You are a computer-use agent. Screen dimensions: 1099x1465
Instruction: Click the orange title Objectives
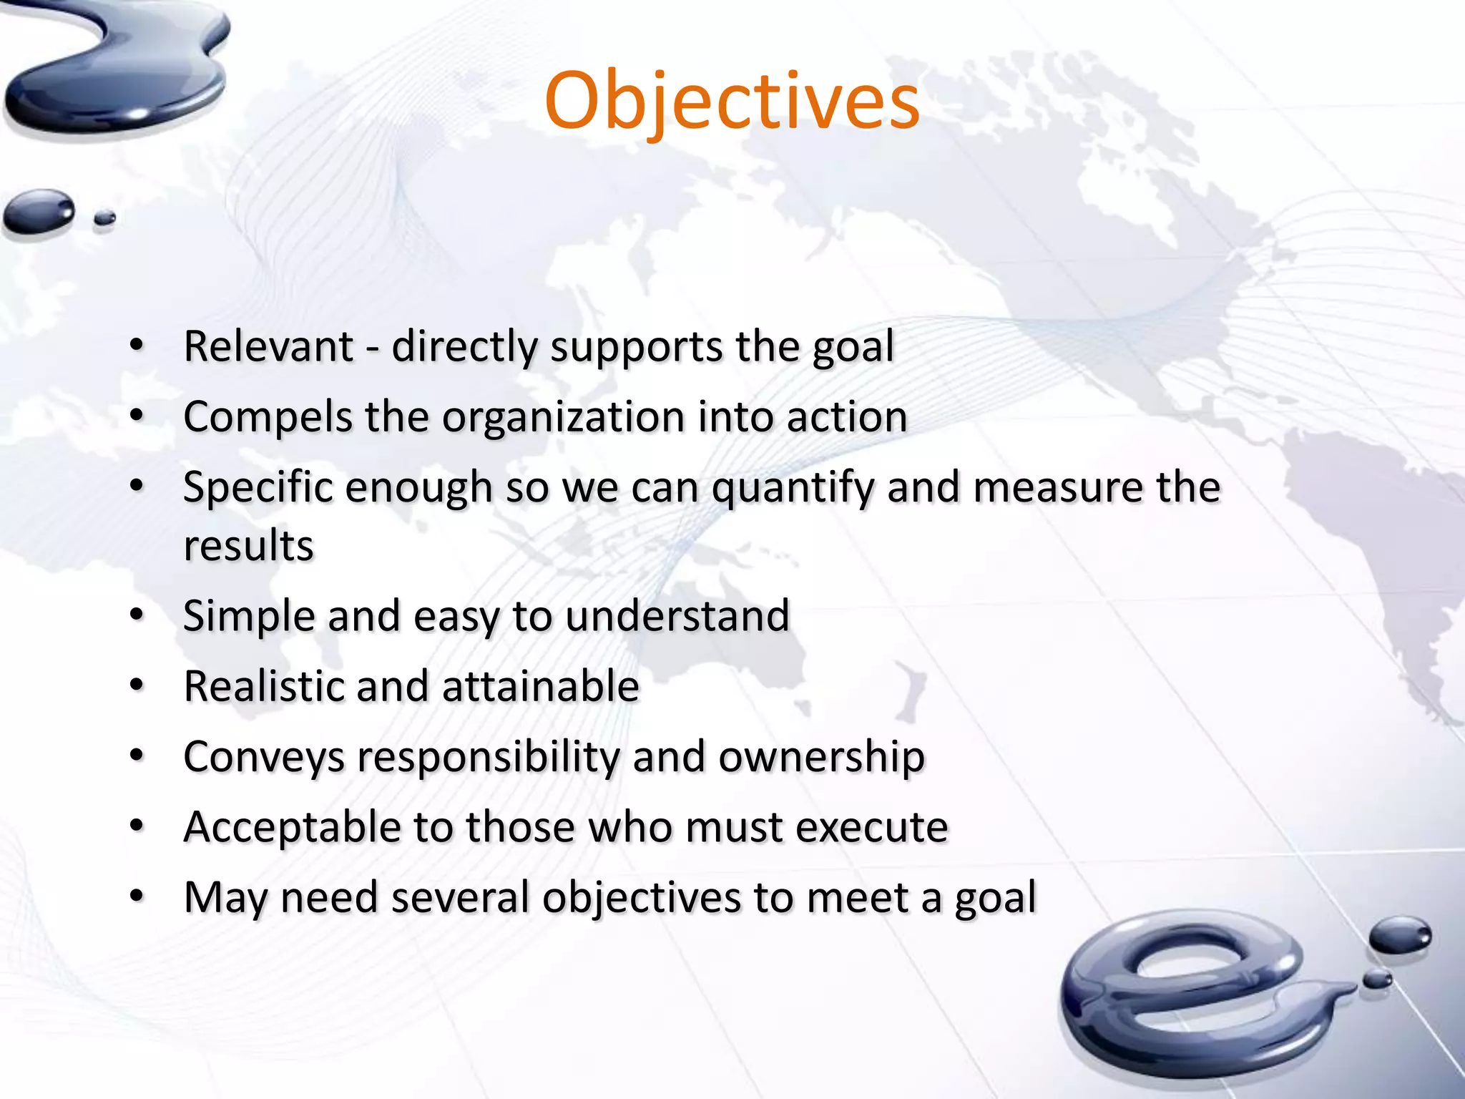tap(732, 102)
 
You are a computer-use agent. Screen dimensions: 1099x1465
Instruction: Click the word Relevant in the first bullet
tap(268, 347)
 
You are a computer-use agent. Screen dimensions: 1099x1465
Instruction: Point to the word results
tap(248, 547)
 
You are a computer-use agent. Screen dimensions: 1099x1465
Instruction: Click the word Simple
tap(248, 616)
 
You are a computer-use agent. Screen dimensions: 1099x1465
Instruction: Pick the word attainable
tap(540, 687)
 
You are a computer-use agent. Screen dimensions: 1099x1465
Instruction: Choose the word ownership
tap(821, 757)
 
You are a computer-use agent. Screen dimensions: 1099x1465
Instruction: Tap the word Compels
tap(268, 417)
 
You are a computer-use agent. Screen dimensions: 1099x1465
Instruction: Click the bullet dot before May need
tap(137, 897)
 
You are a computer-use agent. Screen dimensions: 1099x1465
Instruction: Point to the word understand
tap(677, 616)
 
